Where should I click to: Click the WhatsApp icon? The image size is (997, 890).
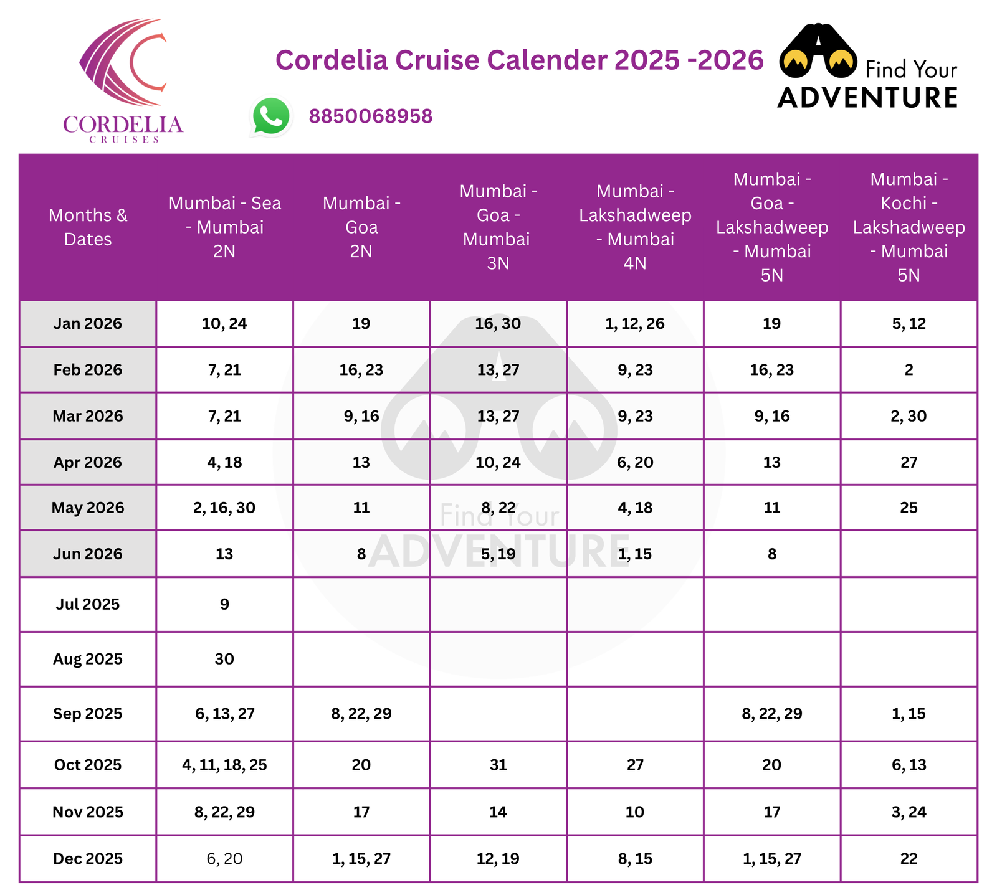click(271, 116)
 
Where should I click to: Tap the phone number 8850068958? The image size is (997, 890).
click(371, 116)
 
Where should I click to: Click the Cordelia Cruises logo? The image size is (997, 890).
click(123, 81)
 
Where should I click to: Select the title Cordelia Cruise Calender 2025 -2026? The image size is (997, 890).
click(519, 60)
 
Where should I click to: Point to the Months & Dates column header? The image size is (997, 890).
click(88, 227)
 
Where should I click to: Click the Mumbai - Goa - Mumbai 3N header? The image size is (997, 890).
click(498, 227)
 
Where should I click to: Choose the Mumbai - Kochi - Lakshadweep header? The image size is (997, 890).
click(909, 227)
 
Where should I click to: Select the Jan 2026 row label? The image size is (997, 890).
click(88, 324)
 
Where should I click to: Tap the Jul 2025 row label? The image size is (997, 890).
click(88, 604)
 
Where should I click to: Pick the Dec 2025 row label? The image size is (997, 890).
click(88, 859)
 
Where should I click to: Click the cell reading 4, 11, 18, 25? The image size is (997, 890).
click(224, 765)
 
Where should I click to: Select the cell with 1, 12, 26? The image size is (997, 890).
click(635, 324)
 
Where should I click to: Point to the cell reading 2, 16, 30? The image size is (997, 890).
click(224, 508)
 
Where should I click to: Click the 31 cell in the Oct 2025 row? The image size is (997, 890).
click(498, 765)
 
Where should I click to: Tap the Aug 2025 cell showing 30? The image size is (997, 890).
click(224, 659)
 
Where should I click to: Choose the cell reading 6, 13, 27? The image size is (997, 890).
click(224, 714)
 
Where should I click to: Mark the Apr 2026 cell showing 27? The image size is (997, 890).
click(909, 462)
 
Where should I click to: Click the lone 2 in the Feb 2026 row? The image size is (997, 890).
click(909, 370)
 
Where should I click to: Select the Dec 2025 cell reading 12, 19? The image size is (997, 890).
click(498, 859)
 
